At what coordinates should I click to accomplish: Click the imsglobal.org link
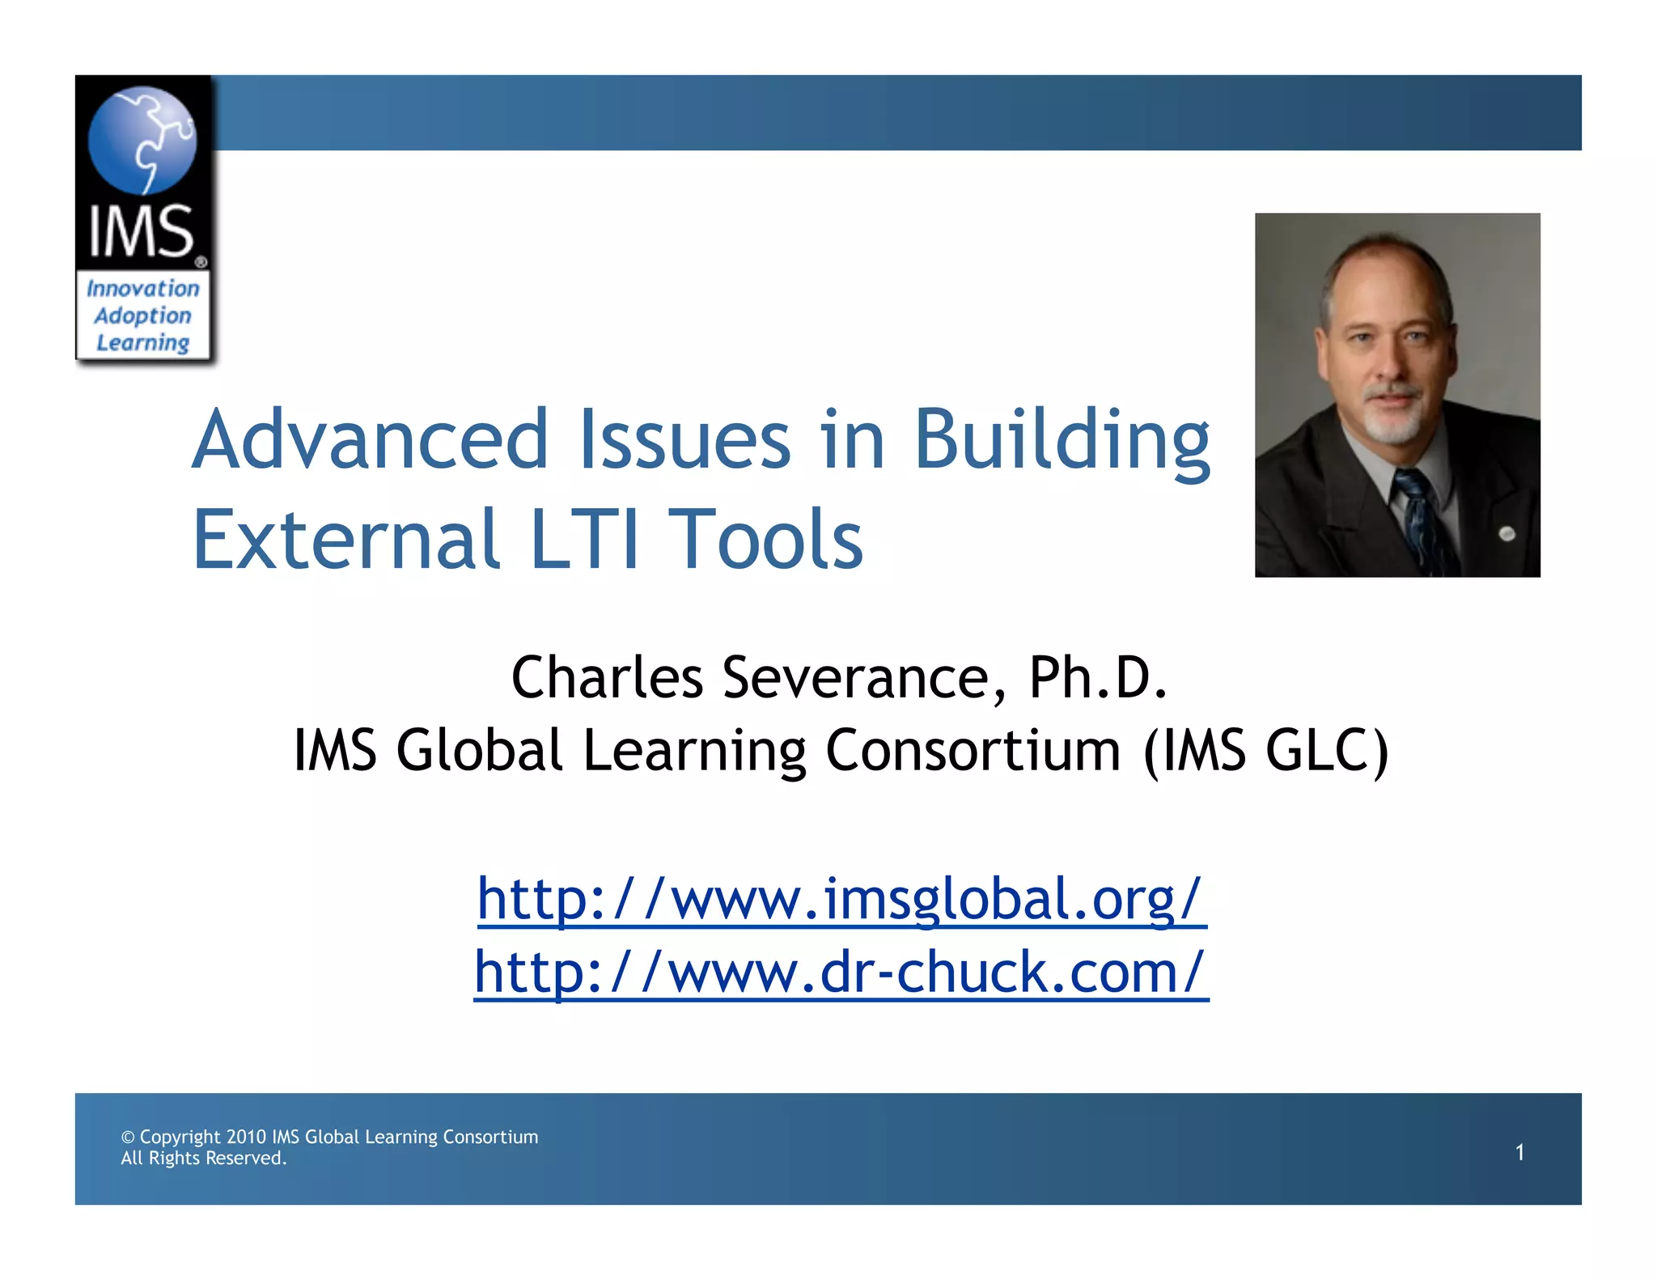[x=841, y=900]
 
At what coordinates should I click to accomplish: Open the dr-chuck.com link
[x=841, y=973]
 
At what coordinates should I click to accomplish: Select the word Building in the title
[x=1062, y=441]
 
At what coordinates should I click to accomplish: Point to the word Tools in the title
[x=769, y=539]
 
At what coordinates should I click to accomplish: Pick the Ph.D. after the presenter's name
[x=1098, y=678]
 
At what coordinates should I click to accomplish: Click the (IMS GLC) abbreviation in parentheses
[x=1265, y=751]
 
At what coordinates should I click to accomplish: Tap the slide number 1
[x=1519, y=1152]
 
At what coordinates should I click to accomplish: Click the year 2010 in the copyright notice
[x=246, y=1137]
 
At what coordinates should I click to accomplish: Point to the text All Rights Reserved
[x=204, y=1159]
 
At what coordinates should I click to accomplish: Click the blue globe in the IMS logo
[x=142, y=140]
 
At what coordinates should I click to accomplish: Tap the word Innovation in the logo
[x=143, y=289]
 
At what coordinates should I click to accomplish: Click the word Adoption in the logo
[x=143, y=316]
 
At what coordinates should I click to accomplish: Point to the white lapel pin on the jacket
[x=1507, y=533]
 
